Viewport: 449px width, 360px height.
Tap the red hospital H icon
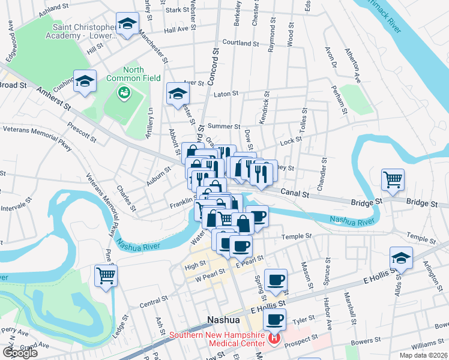coord(274,339)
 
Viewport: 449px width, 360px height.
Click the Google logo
coord(20,353)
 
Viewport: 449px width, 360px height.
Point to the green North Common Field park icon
coord(124,92)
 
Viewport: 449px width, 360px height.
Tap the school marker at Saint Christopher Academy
coord(126,24)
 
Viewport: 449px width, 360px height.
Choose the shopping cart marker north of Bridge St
coord(393,179)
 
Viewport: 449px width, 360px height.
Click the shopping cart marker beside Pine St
coord(106,276)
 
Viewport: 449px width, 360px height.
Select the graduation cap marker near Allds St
coord(401,257)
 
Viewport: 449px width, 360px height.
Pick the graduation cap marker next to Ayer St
coord(178,94)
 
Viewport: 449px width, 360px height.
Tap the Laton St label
coord(226,94)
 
